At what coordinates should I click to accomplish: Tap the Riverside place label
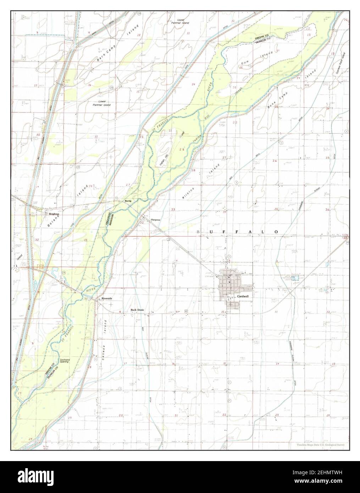pos(107,299)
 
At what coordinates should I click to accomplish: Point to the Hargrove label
pos(155,220)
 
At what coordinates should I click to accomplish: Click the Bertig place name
pos(128,201)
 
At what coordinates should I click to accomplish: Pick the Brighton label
pos(54,214)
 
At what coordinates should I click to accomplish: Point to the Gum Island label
pos(257,59)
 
